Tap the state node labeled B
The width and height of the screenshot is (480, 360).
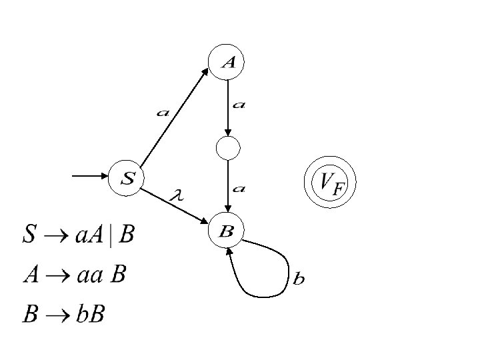point(227,231)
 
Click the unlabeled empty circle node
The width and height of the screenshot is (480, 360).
point(228,148)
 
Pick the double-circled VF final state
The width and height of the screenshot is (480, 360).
point(330,182)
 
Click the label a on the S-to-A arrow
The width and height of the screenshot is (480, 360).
point(163,113)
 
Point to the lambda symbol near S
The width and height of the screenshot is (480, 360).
point(177,195)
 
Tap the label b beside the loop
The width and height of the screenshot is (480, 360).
point(299,279)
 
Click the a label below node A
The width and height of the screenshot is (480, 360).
point(239,105)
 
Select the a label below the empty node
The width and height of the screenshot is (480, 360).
point(239,189)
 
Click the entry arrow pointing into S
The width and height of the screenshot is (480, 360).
point(91,177)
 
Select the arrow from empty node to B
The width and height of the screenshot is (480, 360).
point(228,187)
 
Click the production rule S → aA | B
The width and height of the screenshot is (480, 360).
point(79,234)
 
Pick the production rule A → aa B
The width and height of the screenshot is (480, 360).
point(74,274)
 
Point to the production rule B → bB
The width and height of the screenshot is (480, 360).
point(63,314)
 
